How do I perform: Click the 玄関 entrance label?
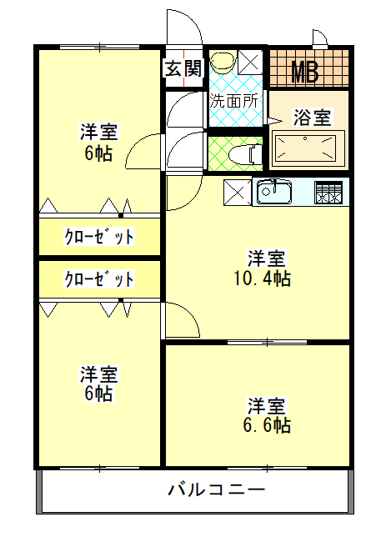[183, 68]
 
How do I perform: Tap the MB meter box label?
[304, 72]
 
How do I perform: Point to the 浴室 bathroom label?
[312, 118]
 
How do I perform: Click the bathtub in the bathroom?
[309, 151]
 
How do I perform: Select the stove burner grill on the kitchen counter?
[328, 192]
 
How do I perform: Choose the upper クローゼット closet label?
[99, 237]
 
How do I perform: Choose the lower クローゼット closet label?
[99, 279]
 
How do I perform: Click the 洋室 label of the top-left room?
[98, 133]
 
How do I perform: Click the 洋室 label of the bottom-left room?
[98, 373]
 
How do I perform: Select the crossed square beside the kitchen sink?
[238, 192]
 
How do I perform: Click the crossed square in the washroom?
[248, 61]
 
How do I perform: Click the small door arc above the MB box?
[320, 37]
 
